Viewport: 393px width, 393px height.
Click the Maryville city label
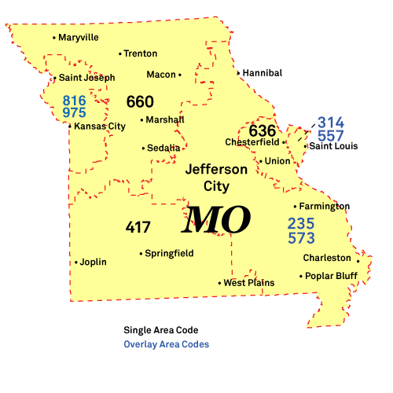click(79, 37)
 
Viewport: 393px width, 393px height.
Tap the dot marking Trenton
click(120, 54)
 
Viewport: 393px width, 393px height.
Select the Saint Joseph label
click(86, 78)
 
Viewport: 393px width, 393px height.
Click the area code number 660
click(140, 102)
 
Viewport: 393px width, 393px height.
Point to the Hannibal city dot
click(239, 73)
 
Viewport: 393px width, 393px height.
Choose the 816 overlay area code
click(75, 101)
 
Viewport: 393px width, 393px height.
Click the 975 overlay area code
click(75, 112)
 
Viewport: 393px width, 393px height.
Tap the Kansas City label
click(100, 126)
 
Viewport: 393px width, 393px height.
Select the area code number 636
click(263, 130)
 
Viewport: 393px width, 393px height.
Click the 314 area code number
click(331, 123)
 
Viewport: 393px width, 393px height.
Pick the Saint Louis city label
click(333, 146)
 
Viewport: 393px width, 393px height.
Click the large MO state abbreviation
click(216, 221)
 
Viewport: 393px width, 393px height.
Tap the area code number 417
click(138, 227)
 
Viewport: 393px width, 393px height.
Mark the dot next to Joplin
click(76, 263)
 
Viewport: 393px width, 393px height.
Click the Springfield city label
click(169, 254)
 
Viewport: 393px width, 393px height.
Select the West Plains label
click(249, 283)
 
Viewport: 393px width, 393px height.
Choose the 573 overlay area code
click(301, 237)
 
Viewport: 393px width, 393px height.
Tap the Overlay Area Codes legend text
click(166, 344)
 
